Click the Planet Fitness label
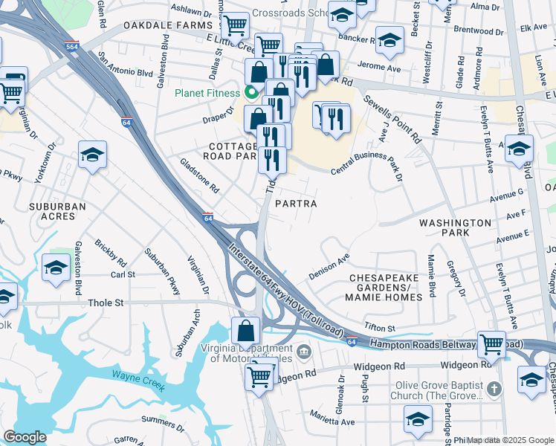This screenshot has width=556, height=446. (x=207, y=93)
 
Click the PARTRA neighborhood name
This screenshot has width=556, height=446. (x=296, y=204)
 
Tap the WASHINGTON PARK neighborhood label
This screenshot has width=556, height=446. (x=454, y=227)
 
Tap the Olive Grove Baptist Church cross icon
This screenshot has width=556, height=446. (x=496, y=389)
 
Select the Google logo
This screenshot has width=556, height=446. (x=25, y=437)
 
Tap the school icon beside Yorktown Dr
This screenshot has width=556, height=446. (x=92, y=155)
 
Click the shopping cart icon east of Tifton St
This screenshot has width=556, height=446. (x=491, y=343)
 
